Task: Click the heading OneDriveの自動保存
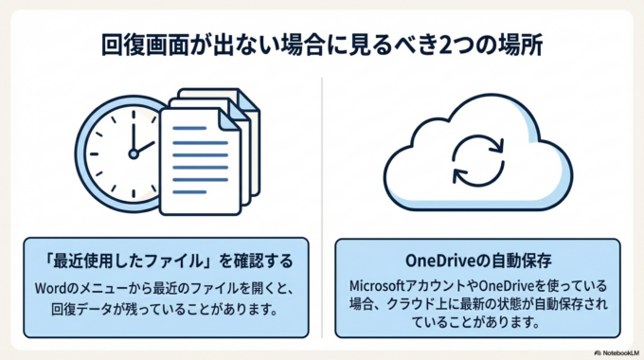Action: click(x=478, y=259)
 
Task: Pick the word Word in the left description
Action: click(x=48, y=286)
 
